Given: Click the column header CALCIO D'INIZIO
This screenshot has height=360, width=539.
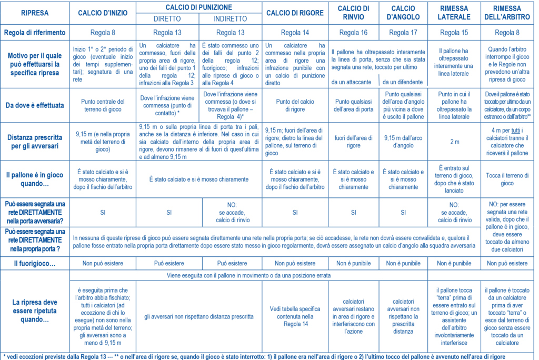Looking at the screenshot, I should point(103,13).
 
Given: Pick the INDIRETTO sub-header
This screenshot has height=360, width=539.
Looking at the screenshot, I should point(231,19).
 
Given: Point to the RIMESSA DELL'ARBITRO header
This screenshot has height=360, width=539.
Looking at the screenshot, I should point(507,13).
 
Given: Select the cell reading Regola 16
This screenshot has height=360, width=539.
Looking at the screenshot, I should point(353,33).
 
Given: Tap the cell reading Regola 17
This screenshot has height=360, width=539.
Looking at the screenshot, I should point(403,33).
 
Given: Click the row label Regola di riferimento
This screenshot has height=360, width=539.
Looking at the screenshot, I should point(35,33).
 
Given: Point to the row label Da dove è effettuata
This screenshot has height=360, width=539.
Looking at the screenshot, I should point(35,105).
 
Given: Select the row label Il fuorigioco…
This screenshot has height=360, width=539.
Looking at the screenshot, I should point(35,263).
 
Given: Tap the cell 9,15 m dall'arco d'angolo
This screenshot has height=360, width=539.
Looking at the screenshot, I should point(403,142).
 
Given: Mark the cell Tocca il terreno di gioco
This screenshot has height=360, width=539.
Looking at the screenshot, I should point(507,179).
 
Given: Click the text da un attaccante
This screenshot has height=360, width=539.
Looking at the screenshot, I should point(352,82).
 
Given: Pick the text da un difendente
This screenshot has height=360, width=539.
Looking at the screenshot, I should point(403,82).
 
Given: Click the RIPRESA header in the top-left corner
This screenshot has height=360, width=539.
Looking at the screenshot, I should point(35,13).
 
